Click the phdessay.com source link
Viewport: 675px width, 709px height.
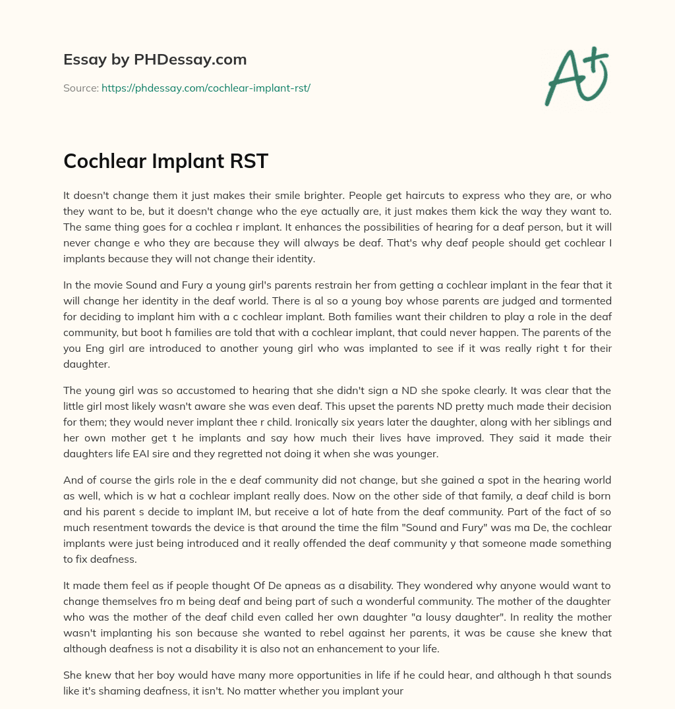[x=206, y=88]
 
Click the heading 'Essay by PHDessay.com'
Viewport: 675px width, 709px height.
[x=155, y=59]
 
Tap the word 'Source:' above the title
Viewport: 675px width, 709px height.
[x=80, y=88]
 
